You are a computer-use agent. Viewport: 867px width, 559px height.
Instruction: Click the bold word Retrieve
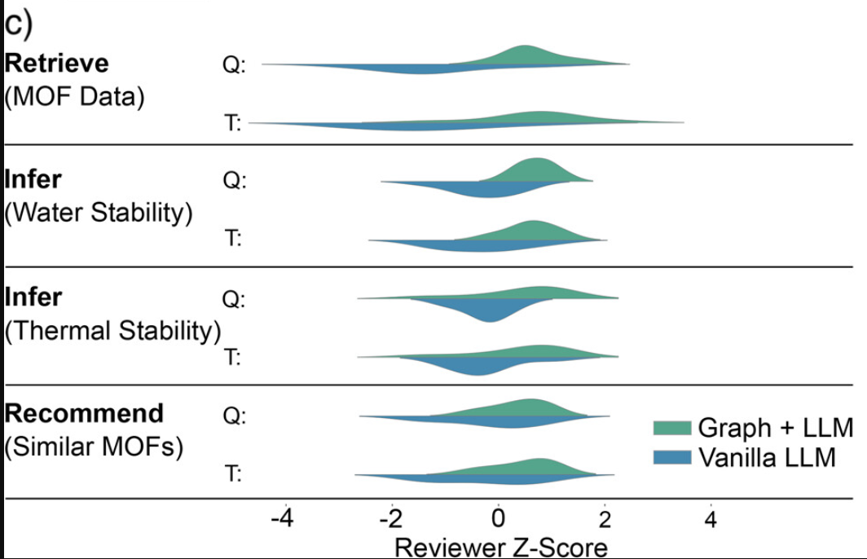56,64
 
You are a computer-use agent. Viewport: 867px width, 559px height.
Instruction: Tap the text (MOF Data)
74,97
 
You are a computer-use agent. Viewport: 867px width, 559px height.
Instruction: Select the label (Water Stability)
99,213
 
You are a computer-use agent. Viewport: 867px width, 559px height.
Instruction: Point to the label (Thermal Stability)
112,331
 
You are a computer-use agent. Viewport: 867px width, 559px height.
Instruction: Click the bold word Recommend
84,413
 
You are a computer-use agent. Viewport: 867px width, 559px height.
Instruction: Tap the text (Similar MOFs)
93,447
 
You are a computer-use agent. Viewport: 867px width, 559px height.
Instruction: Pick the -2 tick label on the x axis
389,518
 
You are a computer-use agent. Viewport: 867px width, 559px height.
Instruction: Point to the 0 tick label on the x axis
499,518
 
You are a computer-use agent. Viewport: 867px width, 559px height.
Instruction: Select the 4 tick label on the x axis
711,518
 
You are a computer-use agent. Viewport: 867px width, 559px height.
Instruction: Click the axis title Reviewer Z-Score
501,545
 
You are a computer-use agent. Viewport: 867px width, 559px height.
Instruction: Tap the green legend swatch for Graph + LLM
672,428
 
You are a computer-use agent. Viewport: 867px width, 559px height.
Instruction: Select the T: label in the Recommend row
233,474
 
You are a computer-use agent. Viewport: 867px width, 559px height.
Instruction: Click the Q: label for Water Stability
233,181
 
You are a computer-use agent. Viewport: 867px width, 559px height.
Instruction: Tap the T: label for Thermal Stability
233,357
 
